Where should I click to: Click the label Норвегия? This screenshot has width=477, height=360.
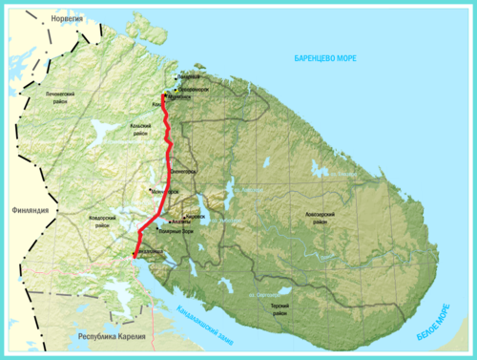30,19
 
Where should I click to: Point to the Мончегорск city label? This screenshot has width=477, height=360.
165,192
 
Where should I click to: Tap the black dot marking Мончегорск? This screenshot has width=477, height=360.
149,189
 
